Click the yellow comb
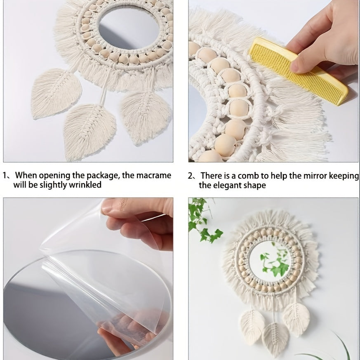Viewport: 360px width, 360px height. (299, 71)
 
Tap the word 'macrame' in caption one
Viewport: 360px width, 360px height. (154, 175)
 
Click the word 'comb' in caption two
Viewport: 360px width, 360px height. (249, 176)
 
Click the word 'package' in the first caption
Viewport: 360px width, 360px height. (103, 176)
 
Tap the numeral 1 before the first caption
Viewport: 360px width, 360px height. (5, 176)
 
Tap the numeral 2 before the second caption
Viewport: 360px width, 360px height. (191, 176)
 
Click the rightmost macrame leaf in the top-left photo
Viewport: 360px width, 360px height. (145, 117)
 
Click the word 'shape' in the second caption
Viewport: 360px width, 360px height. (257, 186)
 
